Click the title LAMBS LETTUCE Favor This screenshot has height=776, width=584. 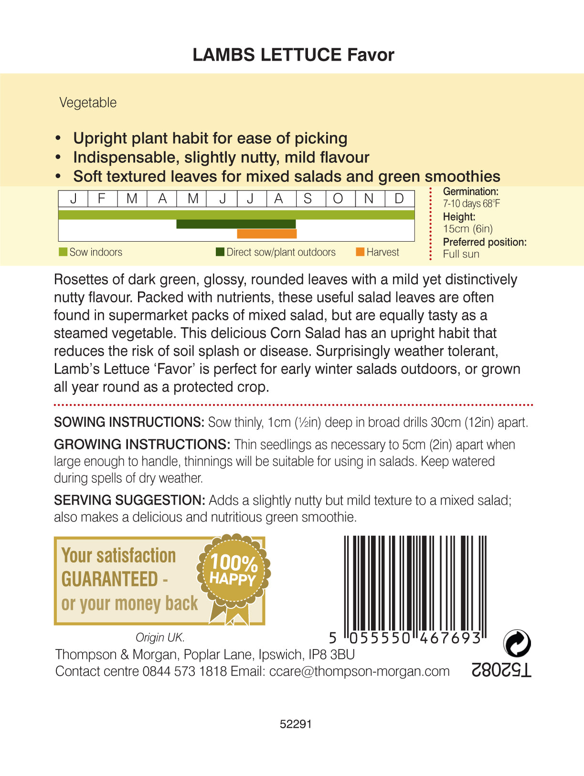(x=293, y=55)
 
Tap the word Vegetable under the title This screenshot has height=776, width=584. (x=88, y=103)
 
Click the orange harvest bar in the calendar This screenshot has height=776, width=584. (x=267, y=234)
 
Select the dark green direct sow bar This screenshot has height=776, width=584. (x=236, y=224)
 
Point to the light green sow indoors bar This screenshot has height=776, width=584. (x=236, y=215)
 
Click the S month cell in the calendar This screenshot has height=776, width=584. (x=308, y=198)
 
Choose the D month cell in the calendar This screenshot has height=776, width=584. (x=399, y=198)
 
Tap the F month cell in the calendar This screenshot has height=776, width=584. (x=102, y=198)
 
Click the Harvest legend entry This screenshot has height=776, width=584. (x=378, y=252)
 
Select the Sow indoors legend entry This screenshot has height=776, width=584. (x=91, y=252)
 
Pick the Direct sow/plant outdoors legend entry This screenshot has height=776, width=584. (x=276, y=252)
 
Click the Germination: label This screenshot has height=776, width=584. (x=470, y=191)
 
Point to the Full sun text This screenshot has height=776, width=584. (x=461, y=254)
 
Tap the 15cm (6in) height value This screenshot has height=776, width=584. (x=467, y=229)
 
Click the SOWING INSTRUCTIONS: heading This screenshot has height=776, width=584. (x=129, y=422)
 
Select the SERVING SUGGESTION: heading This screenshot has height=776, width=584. (x=129, y=500)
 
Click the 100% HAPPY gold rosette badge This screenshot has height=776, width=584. (x=234, y=571)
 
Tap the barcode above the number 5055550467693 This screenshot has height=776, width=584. (x=414, y=583)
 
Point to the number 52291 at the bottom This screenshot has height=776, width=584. (x=296, y=724)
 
